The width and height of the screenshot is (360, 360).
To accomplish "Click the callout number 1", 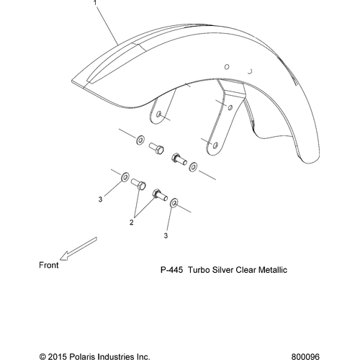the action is pyautogui.click(x=95, y=3).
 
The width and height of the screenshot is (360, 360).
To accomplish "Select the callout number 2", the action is pyautogui.click(x=131, y=222).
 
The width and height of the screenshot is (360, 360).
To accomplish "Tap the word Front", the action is pyautogui.click(x=49, y=265).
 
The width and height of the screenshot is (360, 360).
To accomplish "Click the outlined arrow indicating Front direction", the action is pyautogui.click(x=78, y=248).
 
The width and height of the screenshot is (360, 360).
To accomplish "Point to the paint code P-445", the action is pyautogui.click(x=171, y=270).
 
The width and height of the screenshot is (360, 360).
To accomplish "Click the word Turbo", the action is pyautogui.click(x=199, y=270).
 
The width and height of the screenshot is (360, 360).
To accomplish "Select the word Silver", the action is pyautogui.click(x=222, y=270).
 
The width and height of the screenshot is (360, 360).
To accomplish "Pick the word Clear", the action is pyautogui.click(x=246, y=270).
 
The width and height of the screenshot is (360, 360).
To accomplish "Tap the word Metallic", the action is pyautogui.click(x=273, y=270).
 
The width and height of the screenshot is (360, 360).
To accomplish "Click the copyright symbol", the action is pyautogui.click(x=42, y=356).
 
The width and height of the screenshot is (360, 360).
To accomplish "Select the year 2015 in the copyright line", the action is pyautogui.click(x=57, y=356).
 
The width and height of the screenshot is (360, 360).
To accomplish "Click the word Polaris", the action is pyautogui.click(x=80, y=356).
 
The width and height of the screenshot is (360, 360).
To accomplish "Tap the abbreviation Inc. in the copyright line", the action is pyautogui.click(x=141, y=356).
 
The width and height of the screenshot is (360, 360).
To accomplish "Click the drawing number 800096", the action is pyautogui.click(x=305, y=356).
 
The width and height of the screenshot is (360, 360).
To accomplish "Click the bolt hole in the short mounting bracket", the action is pyautogui.click(x=158, y=114).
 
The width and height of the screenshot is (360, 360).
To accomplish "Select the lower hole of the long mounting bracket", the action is pyautogui.click(x=215, y=145).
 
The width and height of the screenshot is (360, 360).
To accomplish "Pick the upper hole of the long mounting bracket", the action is pyautogui.click(x=230, y=107).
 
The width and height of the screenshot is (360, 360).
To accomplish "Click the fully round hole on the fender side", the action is pyautogui.click(x=227, y=67).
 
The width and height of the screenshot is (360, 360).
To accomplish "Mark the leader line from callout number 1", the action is pyautogui.click(x=107, y=25).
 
